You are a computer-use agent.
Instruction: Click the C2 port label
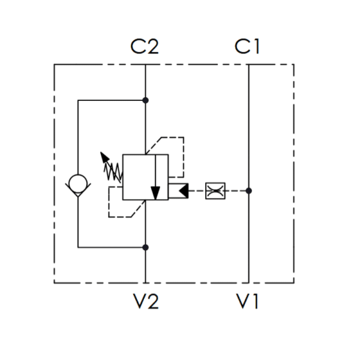(145, 47)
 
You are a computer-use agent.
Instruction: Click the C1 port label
(247, 47)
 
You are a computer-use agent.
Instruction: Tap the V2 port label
(146, 301)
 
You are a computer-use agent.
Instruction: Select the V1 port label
(247, 301)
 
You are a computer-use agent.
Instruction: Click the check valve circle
(78, 184)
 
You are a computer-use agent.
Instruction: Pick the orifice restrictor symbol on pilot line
(215, 191)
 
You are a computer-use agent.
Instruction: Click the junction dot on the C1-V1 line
(248, 191)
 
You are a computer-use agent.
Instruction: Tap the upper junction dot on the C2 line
(145, 100)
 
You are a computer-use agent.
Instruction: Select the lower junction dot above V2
(145, 247)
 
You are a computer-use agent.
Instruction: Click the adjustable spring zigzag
(113, 172)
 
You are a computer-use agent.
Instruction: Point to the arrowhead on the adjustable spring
(104, 157)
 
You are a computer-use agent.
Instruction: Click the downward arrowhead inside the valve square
(155, 193)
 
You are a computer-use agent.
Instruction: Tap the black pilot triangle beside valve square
(184, 191)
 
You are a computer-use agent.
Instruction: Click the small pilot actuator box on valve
(178, 191)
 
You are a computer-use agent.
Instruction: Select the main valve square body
(146, 177)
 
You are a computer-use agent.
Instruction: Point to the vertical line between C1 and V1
(248, 174)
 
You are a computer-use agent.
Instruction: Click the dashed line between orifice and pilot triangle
(197, 191)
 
